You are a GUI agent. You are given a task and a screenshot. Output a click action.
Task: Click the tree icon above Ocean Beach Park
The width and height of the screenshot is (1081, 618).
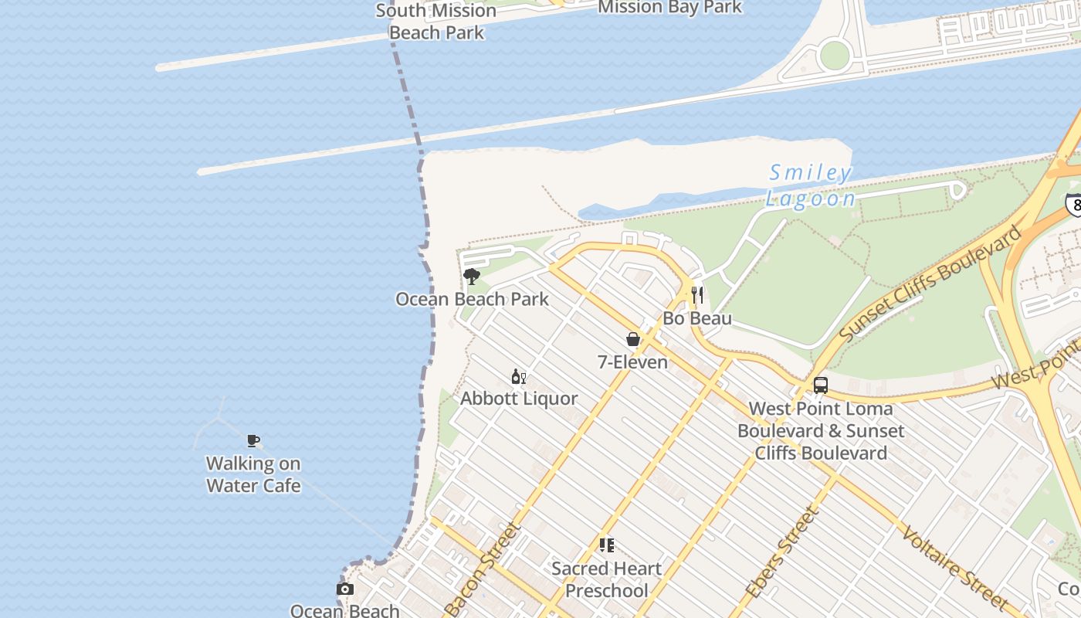coord(471,276)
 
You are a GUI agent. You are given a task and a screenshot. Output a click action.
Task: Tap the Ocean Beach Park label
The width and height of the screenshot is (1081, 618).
coord(472,299)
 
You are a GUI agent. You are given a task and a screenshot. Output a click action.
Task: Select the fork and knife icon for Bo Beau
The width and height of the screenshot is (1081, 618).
coord(697,294)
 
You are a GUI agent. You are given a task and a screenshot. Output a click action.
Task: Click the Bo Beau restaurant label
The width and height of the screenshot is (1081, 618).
coord(697,318)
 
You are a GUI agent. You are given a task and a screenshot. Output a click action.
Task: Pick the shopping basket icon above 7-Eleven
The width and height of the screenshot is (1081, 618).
coord(632,339)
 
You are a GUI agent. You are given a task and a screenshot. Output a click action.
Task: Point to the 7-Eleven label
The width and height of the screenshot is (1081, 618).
coord(632,361)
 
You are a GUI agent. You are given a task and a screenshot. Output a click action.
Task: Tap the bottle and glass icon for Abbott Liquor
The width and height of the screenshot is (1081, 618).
coord(518,377)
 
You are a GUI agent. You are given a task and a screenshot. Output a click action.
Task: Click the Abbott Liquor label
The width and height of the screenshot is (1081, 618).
coord(519,399)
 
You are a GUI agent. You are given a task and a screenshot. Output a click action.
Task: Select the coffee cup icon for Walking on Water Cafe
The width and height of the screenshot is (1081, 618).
coord(252,441)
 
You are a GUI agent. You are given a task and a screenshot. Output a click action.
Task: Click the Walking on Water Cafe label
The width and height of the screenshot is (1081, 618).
coord(253,474)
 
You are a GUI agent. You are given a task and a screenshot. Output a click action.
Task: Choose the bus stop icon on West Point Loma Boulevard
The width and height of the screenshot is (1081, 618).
coord(820,385)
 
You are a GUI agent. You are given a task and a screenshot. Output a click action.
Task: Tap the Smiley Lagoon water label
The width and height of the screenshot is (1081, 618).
coord(811,185)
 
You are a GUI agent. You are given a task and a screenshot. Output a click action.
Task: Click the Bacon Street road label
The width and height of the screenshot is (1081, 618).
coord(483,570)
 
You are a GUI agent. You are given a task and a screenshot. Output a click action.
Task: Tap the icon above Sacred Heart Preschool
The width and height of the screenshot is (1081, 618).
coord(607,545)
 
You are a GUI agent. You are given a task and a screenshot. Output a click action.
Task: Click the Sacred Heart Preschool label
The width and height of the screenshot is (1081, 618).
coord(607,579)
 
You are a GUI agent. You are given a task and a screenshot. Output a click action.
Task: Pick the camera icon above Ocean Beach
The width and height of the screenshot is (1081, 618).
coord(345,589)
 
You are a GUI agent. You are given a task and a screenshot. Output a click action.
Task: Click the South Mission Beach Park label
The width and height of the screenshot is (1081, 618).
coord(436,21)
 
